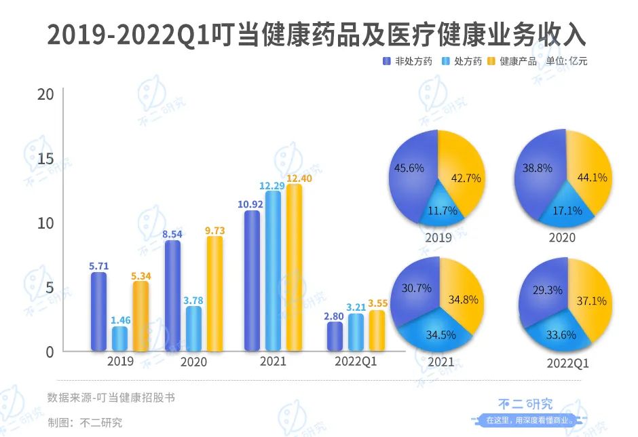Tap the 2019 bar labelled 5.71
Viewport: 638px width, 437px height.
(99, 312)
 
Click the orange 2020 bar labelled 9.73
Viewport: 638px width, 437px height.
(215, 294)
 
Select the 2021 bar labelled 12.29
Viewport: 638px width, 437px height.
(273, 271)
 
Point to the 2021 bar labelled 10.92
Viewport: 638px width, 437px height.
(252, 281)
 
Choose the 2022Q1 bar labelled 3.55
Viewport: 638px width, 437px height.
(377, 330)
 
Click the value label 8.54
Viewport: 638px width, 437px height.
(173, 233)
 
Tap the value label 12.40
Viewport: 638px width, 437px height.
(294, 178)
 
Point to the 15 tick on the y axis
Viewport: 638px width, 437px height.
(45, 158)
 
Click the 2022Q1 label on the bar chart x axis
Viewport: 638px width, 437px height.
(356, 362)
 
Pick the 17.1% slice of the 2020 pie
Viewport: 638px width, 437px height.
(567, 209)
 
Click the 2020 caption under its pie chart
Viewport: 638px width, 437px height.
(562, 237)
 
